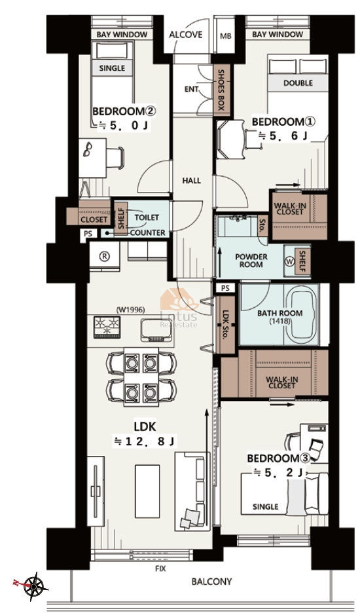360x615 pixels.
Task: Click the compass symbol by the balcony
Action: pyautogui.click(x=35, y=586)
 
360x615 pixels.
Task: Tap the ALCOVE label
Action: pyautogui.click(x=185, y=35)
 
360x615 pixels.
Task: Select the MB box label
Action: pyautogui.click(x=225, y=36)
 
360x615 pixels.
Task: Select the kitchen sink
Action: pyautogui.click(x=156, y=330)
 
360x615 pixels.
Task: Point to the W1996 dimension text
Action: pyautogui.click(x=131, y=310)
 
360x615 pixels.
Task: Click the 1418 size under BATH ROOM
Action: pyautogui.click(x=279, y=321)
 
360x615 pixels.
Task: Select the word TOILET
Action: pyautogui.click(x=147, y=217)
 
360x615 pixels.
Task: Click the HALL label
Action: pyautogui.click(x=191, y=181)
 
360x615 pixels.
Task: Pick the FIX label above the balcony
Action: pyautogui.click(x=160, y=568)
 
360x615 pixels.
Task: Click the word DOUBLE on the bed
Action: pyautogui.click(x=298, y=83)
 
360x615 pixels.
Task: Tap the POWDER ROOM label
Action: pyautogui.click(x=251, y=261)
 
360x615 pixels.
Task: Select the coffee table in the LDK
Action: pyautogui.click(x=147, y=486)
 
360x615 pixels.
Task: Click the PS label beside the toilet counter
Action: pyautogui.click(x=88, y=233)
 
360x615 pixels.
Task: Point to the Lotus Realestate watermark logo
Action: pyautogui.click(x=179, y=308)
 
